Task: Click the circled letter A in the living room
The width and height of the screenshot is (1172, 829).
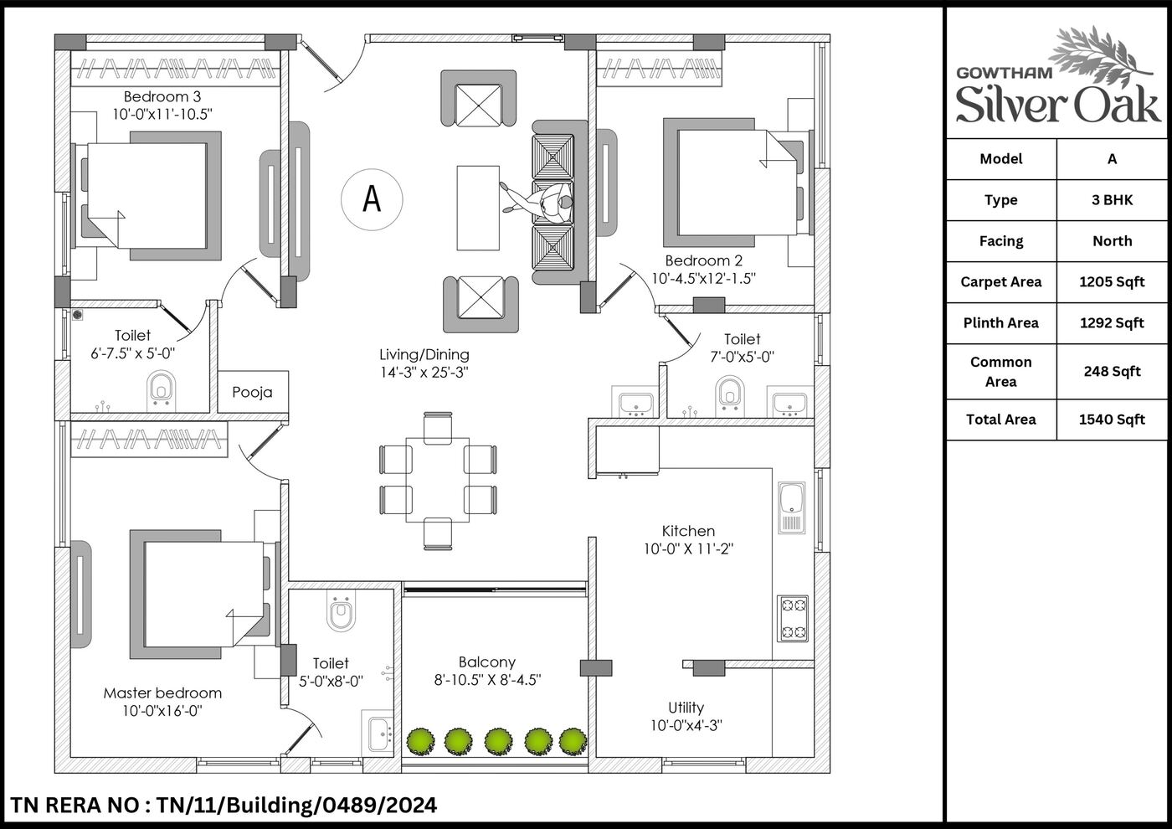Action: click(372, 199)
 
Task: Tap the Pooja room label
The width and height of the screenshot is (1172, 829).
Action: click(252, 392)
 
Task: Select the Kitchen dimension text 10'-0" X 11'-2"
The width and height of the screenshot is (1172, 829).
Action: click(688, 549)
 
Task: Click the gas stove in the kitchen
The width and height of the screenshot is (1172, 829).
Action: click(793, 619)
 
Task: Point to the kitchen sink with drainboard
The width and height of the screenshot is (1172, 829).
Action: click(792, 507)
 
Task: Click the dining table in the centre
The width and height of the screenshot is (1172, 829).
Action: click(437, 480)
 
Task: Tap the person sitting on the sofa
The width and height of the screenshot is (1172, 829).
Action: click(539, 202)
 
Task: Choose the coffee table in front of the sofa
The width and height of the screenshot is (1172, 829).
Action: click(478, 209)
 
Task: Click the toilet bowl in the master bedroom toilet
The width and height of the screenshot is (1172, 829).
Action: click(342, 610)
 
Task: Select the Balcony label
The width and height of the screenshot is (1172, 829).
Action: click(487, 662)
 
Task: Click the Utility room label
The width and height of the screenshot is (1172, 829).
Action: click(686, 708)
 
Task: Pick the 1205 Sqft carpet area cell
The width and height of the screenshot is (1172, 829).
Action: click(1112, 282)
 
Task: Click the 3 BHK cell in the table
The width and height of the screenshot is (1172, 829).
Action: click(1112, 200)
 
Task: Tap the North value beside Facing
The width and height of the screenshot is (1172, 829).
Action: click(1113, 241)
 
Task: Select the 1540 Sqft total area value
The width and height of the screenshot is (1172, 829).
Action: click(1112, 420)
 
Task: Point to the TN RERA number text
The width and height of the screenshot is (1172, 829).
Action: click(224, 806)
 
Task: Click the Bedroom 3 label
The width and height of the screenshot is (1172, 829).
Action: click(162, 97)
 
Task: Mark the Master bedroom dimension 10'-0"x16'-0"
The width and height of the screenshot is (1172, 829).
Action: click(162, 711)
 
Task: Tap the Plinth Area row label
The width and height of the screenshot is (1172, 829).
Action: click(1001, 323)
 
